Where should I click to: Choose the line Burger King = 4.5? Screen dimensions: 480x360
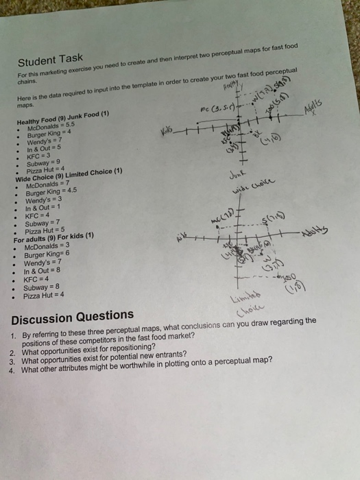pyautogui.click(x=51, y=193)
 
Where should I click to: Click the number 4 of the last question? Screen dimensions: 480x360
pyautogui.click(x=12, y=370)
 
